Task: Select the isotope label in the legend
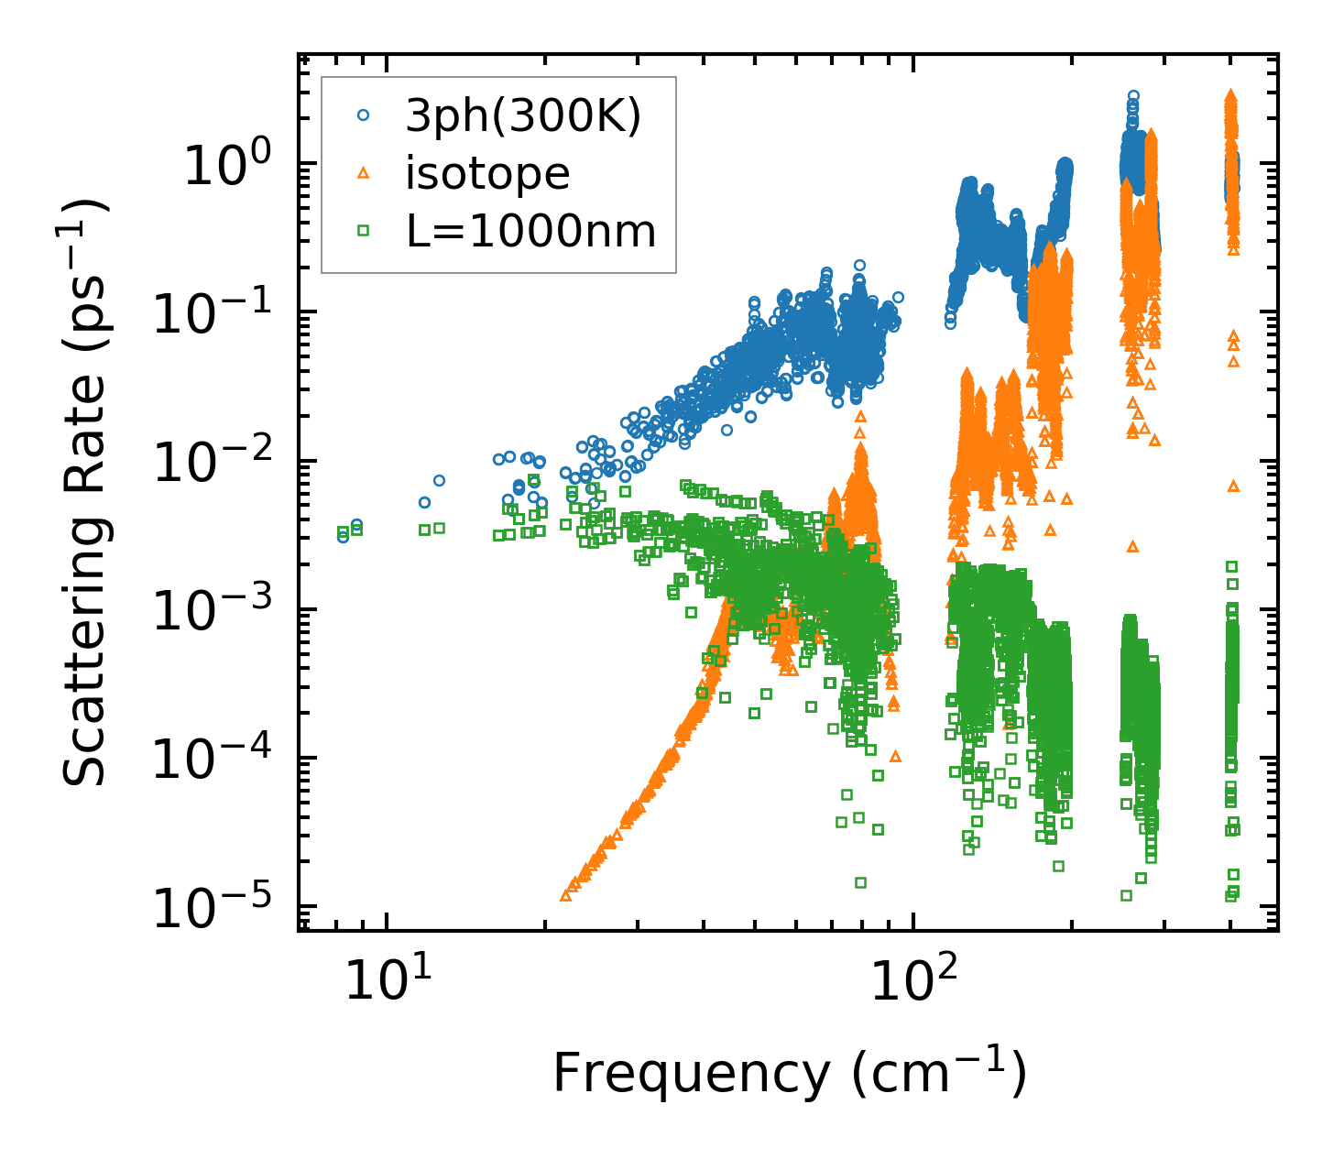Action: click(x=487, y=173)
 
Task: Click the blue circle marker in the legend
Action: click(x=363, y=115)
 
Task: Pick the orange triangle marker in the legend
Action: click(x=363, y=173)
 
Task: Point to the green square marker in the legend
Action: click(x=363, y=231)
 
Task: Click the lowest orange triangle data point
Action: click(x=565, y=896)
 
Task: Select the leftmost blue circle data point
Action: click(x=343, y=537)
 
